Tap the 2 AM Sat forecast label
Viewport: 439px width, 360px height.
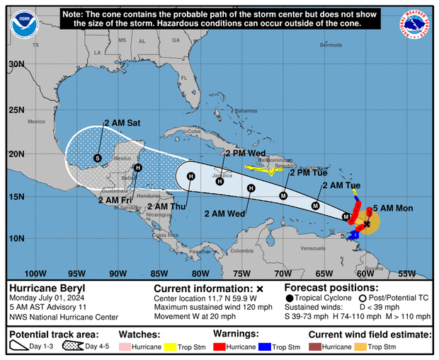coord(122,122)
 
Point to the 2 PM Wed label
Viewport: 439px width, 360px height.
coord(246,153)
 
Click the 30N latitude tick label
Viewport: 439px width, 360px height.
coord(16,64)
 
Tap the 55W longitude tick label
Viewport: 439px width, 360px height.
coord(407,274)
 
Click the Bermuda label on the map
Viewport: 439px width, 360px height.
coord(331,45)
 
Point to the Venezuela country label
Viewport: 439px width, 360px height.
coord(312,249)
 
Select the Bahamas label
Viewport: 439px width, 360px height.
coord(246,111)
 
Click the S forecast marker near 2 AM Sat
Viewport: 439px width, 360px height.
coord(98,158)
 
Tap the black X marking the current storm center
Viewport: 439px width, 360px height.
coord(366,223)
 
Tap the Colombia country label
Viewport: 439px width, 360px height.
coord(241,251)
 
